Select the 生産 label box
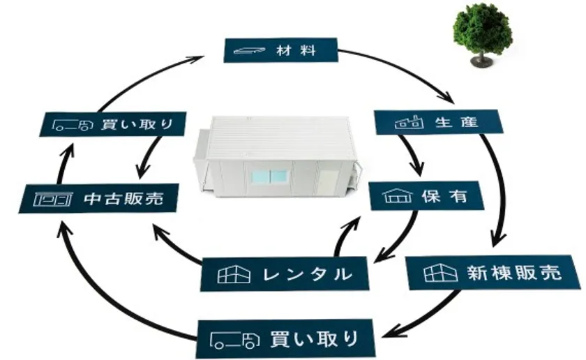(x=437, y=122)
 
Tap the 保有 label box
(x=425, y=196)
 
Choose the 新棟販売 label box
(x=493, y=271)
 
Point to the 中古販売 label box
(x=97, y=198)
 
